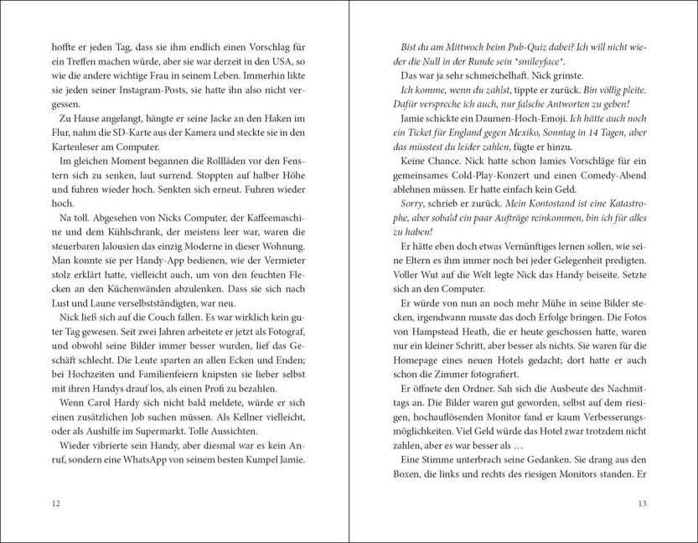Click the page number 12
(55, 503)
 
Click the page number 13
(643, 503)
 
